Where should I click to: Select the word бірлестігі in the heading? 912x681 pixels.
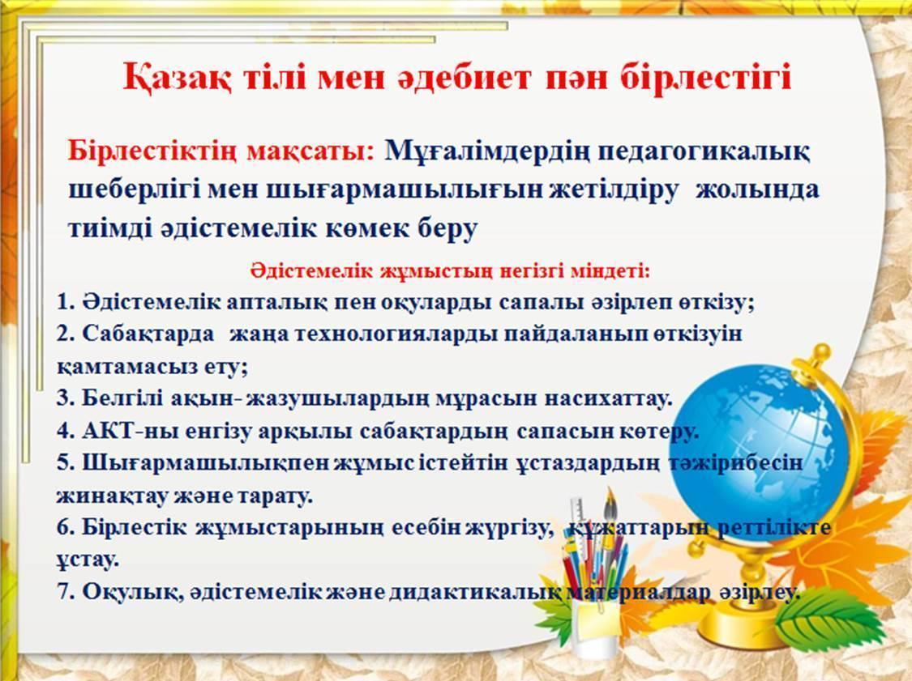point(706,78)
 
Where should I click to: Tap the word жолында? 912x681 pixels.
point(757,190)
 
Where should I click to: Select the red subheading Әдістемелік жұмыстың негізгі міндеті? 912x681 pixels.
point(450,271)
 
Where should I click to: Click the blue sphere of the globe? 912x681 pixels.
point(758,445)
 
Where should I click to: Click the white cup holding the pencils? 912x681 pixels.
point(596,628)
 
